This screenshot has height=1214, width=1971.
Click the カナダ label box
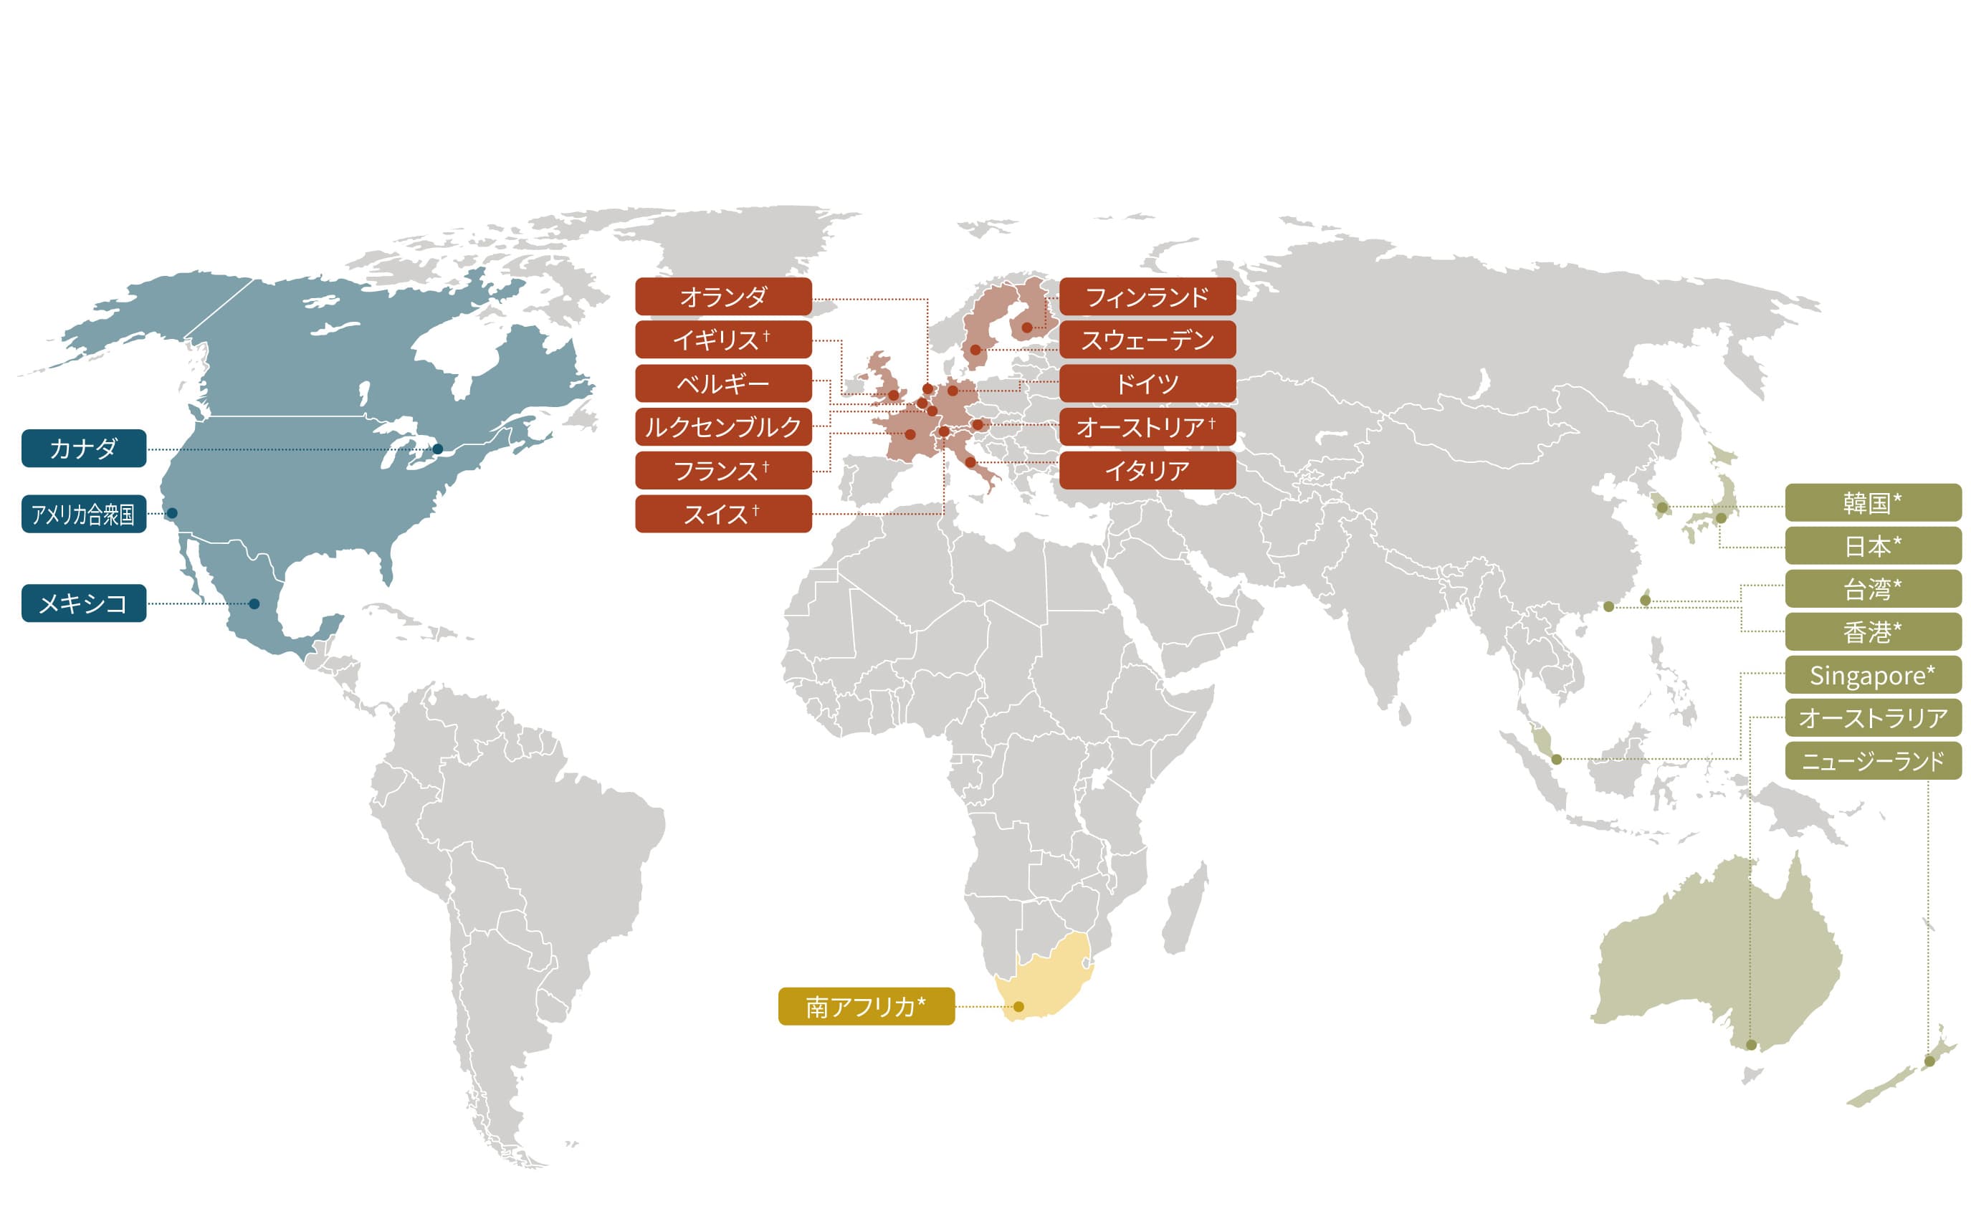click(83, 448)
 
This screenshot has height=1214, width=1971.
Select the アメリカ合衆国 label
click(83, 514)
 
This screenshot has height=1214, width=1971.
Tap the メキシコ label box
click(83, 603)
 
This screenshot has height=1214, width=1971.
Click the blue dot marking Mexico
click(254, 604)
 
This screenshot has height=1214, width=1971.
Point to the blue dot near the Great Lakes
click(437, 449)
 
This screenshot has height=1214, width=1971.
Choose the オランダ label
click(722, 297)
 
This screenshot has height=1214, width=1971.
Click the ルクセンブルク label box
click(722, 426)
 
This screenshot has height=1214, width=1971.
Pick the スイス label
click(722, 514)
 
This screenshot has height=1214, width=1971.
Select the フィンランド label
click(1147, 297)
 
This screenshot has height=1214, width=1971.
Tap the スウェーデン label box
click(1147, 340)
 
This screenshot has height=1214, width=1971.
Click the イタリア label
click(1147, 471)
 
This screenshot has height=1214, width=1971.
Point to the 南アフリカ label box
click(866, 1006)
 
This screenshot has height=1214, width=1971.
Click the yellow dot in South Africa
click(1018, 1006)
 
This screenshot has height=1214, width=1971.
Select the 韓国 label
click(1872, 502)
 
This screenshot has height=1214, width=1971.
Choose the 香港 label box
click(1872, 632)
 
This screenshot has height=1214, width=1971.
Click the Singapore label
click(1872, 675)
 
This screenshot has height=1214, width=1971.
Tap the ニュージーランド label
click(1872, 760)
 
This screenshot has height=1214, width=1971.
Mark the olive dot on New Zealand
click(1929, 1061)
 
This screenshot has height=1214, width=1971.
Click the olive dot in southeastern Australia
click(1751, 1045)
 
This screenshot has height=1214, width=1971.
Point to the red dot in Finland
click(1027, 328)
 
